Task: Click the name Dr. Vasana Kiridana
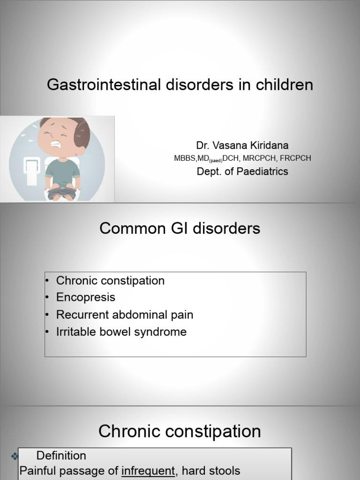(x=242, y=145)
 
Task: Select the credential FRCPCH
(x=296, y=158)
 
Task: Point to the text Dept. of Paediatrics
(x=242, y=172)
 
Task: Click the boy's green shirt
(x=62, y=172)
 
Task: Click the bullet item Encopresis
(x=85, y=298)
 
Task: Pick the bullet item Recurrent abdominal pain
(x=124, y=315)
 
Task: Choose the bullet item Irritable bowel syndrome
(x=121, y=332)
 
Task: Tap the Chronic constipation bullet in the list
(x=110, y=281)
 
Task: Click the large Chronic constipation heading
(x=180, y=431)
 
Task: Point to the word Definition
(x=61, y=456)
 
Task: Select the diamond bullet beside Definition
(x=14, y=456)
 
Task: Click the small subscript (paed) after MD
(x=216, y=160)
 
